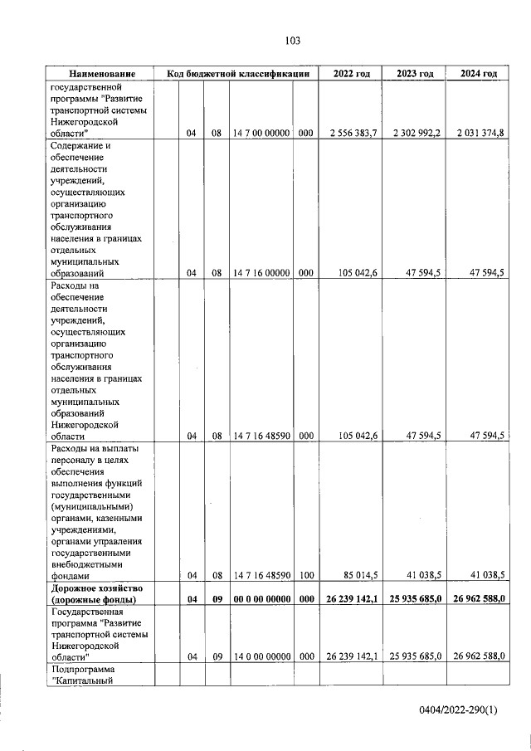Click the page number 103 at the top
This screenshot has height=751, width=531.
click(291, 41)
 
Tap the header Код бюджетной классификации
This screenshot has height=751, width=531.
click(237, 74)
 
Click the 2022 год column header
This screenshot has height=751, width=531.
click(351, 74)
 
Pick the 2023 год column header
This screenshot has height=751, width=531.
click(415, 74)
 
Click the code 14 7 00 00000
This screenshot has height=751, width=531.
click(261, 133)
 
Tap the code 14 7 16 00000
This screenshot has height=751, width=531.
click(261, 272)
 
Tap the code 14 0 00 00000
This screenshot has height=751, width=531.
click(261, 656)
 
